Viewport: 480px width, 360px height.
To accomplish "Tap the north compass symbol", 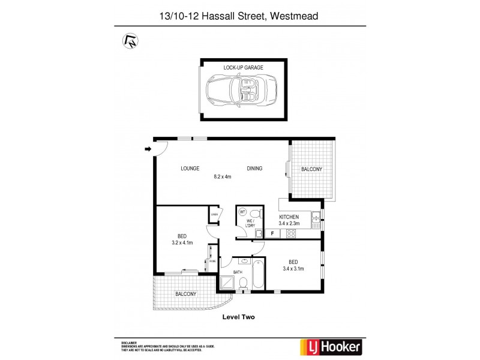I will pos(129,40).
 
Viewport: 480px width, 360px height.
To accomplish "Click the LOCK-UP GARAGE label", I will pos(244,68).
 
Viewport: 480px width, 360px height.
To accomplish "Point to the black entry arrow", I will pos(148,149).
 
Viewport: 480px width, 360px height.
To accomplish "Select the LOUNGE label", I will pos(190,169).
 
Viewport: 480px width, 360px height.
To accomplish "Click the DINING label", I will pos(254,169).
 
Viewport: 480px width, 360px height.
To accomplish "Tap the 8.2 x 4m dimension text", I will pos(223,177).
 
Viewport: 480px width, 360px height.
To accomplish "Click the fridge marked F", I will pos(272,233).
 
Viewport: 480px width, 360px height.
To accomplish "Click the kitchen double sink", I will pos(317,220).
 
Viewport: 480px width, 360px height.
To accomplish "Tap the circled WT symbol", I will pos(243,212).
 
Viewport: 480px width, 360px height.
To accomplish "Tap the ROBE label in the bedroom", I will pos(212,262).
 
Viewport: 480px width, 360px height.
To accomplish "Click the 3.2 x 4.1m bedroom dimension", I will pos(181,243).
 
